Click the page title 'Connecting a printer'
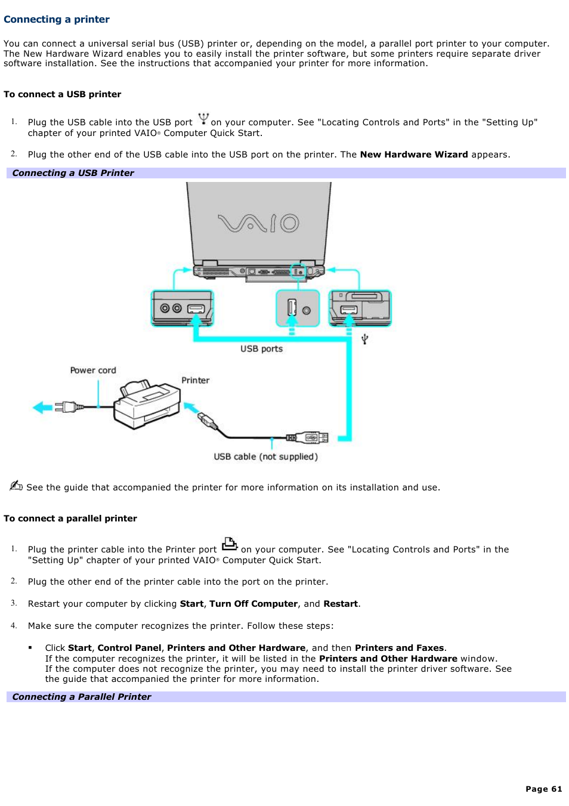(57, 19)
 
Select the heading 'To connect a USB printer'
(62, 94)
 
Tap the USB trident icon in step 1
(203, 118)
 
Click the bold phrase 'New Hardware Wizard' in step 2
(413, 155)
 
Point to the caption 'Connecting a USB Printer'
(73, 173)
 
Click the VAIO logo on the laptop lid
(258, 223)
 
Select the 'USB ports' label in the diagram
(261, 349)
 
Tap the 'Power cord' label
(93, 370)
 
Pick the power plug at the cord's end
(67, 407)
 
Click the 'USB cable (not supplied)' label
(265, 457)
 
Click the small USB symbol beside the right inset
(365, 339)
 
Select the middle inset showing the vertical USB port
(297, 308)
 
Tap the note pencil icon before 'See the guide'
(16, 486)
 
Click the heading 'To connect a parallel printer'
(70, 518)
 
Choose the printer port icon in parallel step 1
(230, 544)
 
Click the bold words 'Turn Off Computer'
(253, 604)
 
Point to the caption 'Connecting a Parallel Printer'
(82, 697)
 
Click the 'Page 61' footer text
(543, 789)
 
